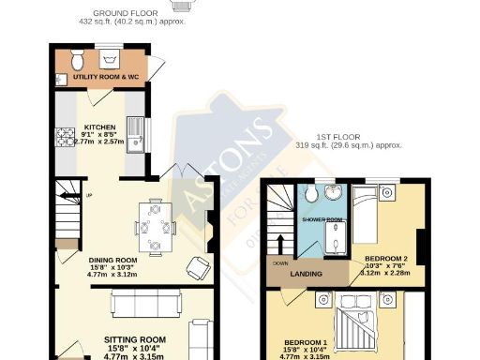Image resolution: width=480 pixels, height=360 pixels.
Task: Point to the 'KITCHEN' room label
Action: coord(99,127)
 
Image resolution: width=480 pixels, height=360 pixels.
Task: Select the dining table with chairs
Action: coord(156,225)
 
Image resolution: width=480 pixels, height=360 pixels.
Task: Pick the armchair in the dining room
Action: coord(197,268)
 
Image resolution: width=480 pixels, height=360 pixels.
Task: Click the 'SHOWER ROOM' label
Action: coord(322,219)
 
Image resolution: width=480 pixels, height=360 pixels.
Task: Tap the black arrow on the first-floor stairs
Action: coord(278,246)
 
